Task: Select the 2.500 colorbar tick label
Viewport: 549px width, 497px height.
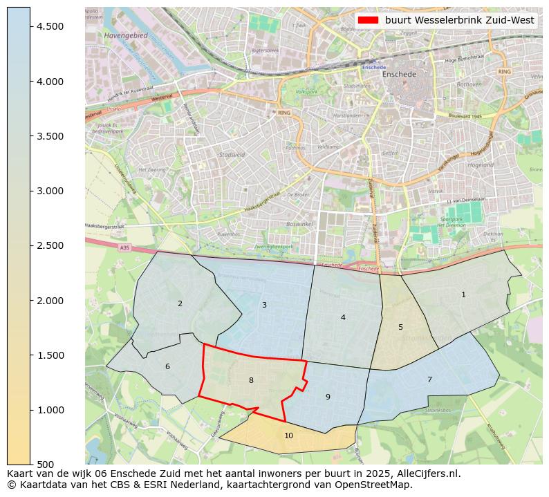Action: click(x=50, y=245)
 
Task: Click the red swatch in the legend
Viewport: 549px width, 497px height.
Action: click(x=368, y=20)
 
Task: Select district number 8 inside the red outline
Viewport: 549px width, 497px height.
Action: click(x=251, y=380)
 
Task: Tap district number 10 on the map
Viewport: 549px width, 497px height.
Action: click(x=288, y=435)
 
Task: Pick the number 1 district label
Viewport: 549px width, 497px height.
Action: click(x=463, y=295)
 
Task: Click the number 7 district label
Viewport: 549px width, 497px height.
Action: click(x=429, y=379)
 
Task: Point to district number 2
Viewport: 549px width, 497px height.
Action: click(x=180, y=303)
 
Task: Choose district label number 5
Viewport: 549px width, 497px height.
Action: click(x=400, y=327)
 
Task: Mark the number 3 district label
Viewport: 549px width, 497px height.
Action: click(x=264, y=305)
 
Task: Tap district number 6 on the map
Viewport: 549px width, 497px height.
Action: click(x=167, y=366)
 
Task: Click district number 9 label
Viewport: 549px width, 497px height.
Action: click(x=328, y=397)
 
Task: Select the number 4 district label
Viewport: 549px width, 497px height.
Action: click(x=343, y=317)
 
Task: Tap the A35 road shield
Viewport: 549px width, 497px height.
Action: click(x=124, y=247)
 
